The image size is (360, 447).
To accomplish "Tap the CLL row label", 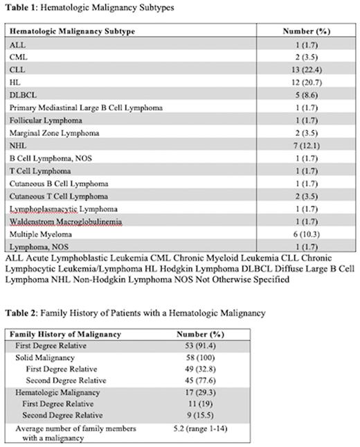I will (x=17, y=70).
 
